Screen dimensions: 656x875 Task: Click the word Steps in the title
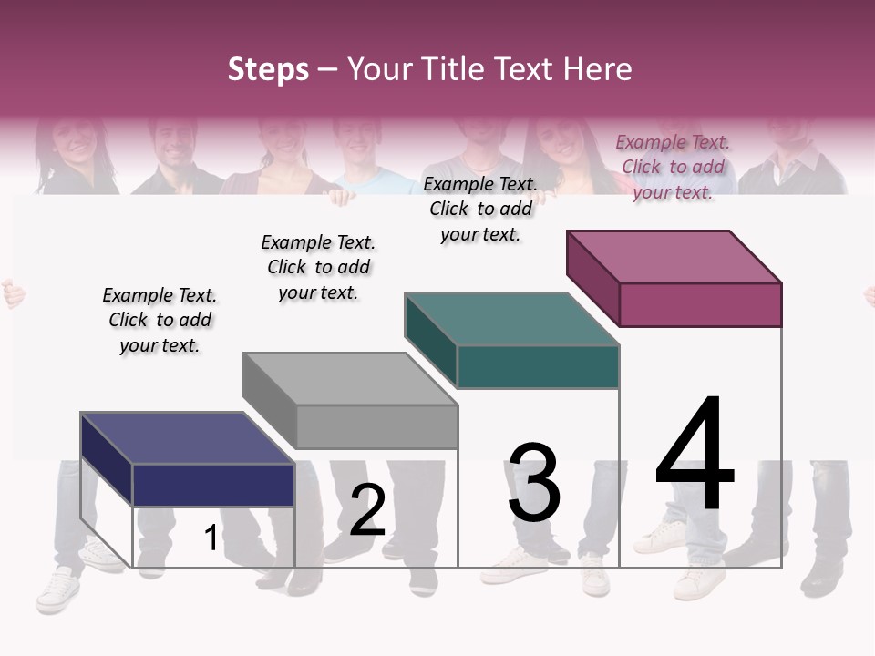tap(268, 69)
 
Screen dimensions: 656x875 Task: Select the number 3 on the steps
tap(534, 483)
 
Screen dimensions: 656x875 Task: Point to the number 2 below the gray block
tap(367, 510)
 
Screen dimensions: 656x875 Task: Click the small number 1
tap(211, 538)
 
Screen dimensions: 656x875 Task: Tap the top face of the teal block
tap(511, 319)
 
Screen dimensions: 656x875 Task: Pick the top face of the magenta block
tap(674, 256)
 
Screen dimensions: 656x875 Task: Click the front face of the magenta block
tap(700, 304)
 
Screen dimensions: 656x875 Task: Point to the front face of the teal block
tap(538, 367)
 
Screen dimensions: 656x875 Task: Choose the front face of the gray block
tap(376, 426)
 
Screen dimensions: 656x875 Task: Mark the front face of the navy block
tap(213, 485)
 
